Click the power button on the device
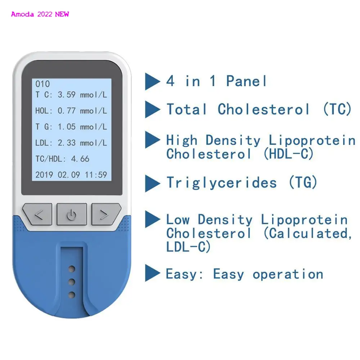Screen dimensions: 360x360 (x=72, y=215)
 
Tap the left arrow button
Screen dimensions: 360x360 (x=38, y=215)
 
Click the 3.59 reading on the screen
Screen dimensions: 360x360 (x=67, y=95)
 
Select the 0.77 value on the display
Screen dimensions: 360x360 (x=67, y=111)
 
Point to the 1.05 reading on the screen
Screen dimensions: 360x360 (x=67, y=127)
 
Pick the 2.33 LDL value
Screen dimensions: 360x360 (x=67, y=143)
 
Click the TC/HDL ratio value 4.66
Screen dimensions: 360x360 (x=80, y=159)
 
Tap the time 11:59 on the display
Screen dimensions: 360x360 (x=96, y=175)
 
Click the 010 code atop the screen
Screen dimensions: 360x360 (x=42, y=84)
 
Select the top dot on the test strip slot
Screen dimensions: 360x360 (x=72, y=269)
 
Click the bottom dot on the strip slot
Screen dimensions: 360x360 (x=72, y=295)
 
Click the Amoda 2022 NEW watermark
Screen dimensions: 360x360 (x=40, y=14)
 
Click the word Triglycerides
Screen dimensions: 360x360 (x=221, y=183)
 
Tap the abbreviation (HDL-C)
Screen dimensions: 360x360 (x=289, y=154)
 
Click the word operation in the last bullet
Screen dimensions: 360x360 (x=288, y=274)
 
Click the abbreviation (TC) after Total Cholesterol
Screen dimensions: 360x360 (x=337, y=109)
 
